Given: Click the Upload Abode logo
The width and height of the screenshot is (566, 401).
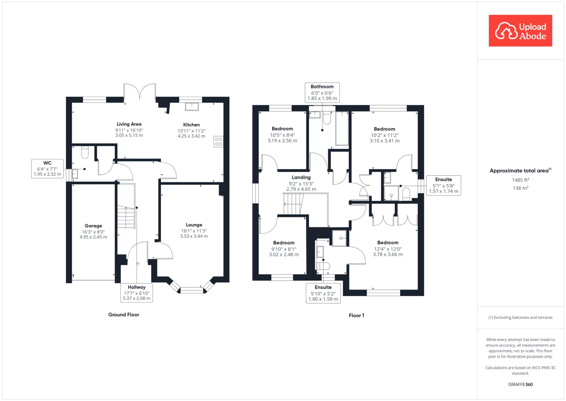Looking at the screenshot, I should tap(520, 31).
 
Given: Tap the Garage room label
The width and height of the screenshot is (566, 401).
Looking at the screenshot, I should tap(93, 226).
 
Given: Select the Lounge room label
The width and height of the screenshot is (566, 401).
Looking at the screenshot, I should tap(194, 225).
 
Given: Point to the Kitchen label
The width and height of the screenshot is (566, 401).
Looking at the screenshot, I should tap(191, 125).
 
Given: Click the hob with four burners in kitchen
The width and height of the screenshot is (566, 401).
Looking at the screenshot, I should tap(218, 142).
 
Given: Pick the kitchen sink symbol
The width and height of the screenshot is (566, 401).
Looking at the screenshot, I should tap(192, 107).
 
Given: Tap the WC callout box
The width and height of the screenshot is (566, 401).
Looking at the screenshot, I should tap(47, 169).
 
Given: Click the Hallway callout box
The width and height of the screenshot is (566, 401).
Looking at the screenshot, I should tap(137, 293).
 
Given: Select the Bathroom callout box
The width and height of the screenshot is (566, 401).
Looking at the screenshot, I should tap(322, 92).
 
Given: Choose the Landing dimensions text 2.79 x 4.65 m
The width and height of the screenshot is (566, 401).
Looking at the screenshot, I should tap(301, 189).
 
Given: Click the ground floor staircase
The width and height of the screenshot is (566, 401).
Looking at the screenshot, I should tap(126, 217).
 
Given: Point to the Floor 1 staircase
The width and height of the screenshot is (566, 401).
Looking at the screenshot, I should tap(294, 204).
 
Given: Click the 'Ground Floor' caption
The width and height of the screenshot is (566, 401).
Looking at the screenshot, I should tap(124, 315).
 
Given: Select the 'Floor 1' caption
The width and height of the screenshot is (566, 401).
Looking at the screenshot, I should tap(356, 315).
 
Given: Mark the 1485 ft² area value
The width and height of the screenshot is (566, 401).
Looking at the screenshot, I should tap(520, 180).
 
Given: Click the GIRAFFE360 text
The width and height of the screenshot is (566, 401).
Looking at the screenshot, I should tap(520, 384).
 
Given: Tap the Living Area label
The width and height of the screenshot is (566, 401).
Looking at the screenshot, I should tap(129, 124).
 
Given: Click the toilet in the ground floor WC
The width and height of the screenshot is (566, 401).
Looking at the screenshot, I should tap(85, 152).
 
